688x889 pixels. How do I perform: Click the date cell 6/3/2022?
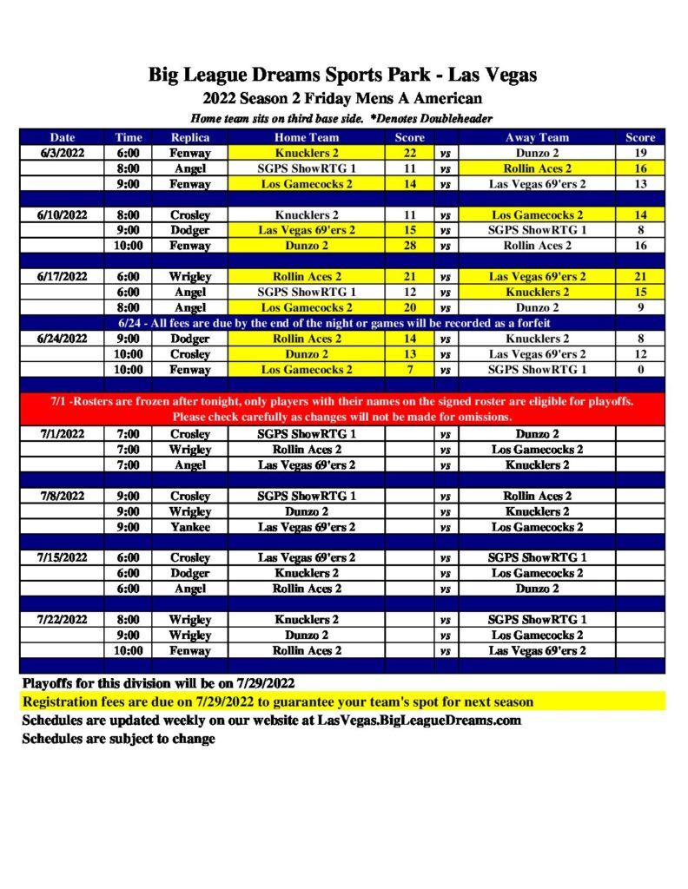(x=62, y=153)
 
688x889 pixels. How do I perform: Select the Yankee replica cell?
(x=190, y=527)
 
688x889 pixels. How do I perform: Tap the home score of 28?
(x=410, y=246)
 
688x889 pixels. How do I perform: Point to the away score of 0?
(x=640, y=370)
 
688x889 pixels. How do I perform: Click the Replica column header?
(x=190, y=137)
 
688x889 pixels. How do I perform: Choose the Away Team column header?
(x=537, y=137)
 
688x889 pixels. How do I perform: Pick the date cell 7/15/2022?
(x=62, y=557)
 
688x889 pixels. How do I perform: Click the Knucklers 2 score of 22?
(x=410, y=153)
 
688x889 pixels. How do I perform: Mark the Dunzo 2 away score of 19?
(x=640, y=153)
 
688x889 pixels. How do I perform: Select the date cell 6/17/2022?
(x=62, y=277)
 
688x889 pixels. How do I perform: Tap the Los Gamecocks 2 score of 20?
(x=410, y=307)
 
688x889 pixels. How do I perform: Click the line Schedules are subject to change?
(x=119, y=739)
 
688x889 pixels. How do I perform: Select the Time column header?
(x=128, y=137)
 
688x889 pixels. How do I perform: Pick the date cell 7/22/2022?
(x=62, y=620)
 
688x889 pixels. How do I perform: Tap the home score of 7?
(x=410, y=370)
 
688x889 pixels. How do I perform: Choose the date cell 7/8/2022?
(x=62, y=496)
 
